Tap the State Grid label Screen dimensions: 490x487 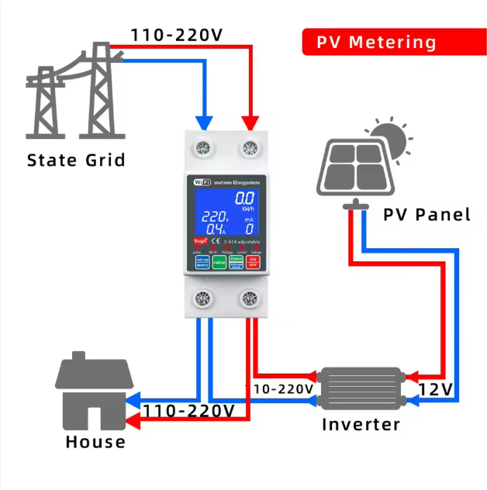click(x=76, y=160)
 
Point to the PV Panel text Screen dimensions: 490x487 click(x=427, y=214)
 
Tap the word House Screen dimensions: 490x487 click(x=95, y=442)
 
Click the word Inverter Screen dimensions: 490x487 click(x=361, y=425)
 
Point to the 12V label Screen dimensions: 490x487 click(x=437, y=388)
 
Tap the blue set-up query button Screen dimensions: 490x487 click(x=202, y=262)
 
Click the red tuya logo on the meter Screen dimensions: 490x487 click(x=200, y=242)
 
